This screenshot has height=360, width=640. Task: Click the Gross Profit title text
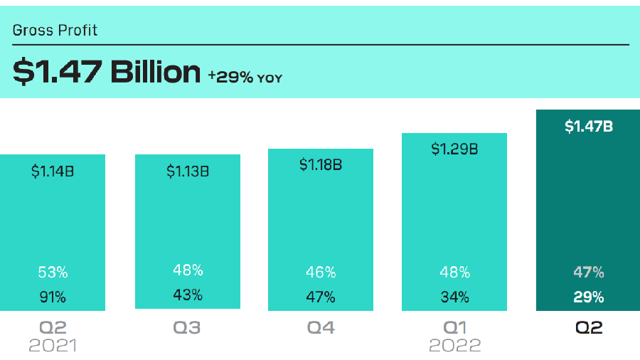click(x=55, y=31)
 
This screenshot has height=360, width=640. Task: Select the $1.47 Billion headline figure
click(x=107, y=72)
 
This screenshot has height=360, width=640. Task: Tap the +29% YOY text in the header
click(x=245, y=76)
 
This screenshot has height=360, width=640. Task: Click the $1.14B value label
click(x=52, y=171)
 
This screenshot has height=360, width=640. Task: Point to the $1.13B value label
click(x=188, y=171)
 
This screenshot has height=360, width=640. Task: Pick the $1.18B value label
click(x=321, y=165)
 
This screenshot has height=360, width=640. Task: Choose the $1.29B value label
click(x=454, y=149)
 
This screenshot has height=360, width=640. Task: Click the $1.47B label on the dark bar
click(x=589, y=127)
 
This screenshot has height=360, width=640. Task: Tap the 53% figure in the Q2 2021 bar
click(x=52, y=272)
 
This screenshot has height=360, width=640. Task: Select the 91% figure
click(x=52, y=297)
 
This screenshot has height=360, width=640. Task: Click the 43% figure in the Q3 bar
click(x=188, y=295)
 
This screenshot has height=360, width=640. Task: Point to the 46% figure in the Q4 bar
click(x=321, y=272)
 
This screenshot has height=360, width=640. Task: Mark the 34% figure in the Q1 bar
click(x=454, y=297)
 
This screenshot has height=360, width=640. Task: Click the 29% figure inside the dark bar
click(x=589, y=297)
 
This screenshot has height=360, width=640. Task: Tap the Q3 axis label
click(x=187, y=328)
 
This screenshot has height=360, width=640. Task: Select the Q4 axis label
click(x=319, y=328)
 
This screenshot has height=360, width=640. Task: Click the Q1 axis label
click(x=454, y=328)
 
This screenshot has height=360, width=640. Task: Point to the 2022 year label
click(x=454, y=346)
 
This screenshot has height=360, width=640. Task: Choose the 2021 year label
click(x=52, y=346)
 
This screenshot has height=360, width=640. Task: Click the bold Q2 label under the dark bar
click(x=588, y=328)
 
